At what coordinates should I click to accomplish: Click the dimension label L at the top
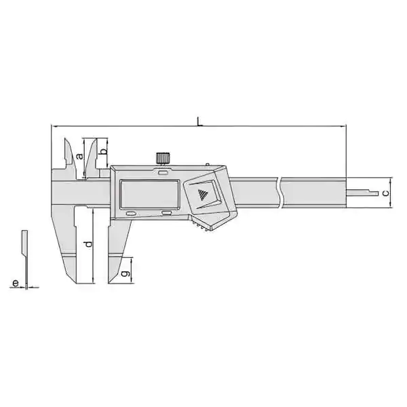pos(199,121)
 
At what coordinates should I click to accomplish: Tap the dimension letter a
pos(80,156)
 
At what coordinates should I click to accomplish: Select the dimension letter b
pos(103,151)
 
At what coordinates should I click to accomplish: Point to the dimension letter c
pos(386,193)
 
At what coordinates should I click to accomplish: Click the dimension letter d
pos(88,244)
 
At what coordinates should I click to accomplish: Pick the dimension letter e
pos(16,283)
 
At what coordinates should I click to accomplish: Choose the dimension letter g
pos(125,273)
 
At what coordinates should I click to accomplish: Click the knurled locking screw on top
pos(163,158)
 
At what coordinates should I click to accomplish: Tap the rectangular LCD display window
pos(149,194)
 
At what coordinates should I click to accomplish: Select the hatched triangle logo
pos(203,195)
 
